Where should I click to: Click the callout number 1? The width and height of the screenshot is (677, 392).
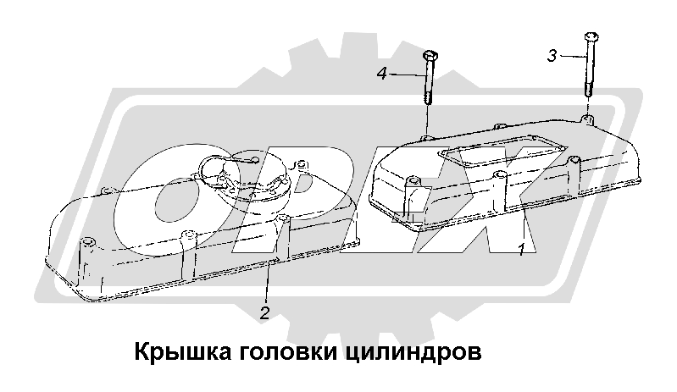coord(522,248)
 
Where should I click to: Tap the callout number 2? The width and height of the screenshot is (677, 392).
coord(264,313)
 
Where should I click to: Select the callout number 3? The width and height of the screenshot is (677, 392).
coord(552,56)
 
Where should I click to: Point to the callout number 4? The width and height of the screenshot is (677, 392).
coord(382,75)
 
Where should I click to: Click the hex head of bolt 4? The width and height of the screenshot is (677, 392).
coord(428,55)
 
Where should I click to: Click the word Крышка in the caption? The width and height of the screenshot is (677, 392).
coord(175,351)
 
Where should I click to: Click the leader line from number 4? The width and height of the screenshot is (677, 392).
coord(407,75)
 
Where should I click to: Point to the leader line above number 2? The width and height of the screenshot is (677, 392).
coord(268,284)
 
